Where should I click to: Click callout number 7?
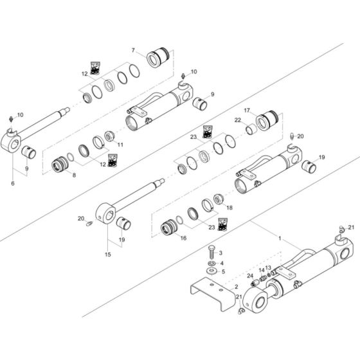click(x=133, y=50)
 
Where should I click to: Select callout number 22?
click(x=237, y=120)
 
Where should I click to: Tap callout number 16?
click(x=183, y=238)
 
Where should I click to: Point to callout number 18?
click(x=230, y=208)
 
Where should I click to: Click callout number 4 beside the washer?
click(x=222, y=262)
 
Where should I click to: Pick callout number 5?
click(x=222, y=272)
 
